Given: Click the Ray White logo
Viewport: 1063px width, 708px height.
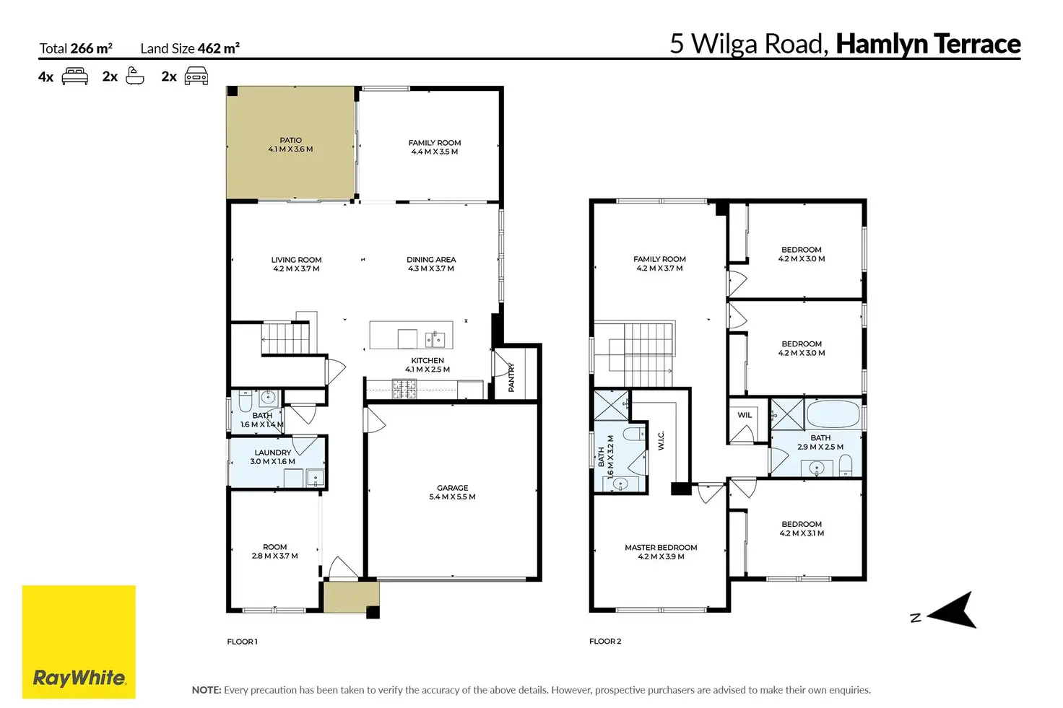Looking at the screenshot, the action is click(79, 642).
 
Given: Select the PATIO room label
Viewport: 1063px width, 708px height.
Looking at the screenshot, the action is click(290, 140).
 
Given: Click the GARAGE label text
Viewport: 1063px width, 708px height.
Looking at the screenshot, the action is click(452, 488).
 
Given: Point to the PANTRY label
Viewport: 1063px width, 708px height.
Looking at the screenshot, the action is click(511, 377).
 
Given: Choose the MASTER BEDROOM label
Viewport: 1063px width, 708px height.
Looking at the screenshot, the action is click(661, 548).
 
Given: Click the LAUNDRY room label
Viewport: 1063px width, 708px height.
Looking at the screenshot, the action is click(273, 453).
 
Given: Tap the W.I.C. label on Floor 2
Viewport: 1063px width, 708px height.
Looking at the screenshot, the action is click(661, 440).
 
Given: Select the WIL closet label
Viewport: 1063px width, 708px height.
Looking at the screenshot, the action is click(745, 416).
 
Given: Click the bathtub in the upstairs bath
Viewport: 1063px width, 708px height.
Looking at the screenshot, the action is click(833, 414).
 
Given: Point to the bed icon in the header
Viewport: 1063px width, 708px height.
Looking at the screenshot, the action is click(75, 77).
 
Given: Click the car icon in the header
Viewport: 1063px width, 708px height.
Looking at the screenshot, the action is click(196, 77).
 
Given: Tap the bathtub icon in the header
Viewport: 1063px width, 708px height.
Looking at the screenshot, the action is click(135, 76).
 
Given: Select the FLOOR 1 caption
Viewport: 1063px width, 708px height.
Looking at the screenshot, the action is click(242, 642).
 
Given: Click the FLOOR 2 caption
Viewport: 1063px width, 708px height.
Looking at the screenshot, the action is click(605, 641).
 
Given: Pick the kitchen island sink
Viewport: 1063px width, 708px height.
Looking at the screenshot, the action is click(435, 338).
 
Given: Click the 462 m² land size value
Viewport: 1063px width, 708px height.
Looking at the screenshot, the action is click(219, 48).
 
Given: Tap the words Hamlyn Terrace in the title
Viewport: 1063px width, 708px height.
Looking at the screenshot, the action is click(928, 44).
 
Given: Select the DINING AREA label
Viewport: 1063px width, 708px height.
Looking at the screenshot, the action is click(431, 260).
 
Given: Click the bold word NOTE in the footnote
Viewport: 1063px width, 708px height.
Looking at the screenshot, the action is click(207, 690).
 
